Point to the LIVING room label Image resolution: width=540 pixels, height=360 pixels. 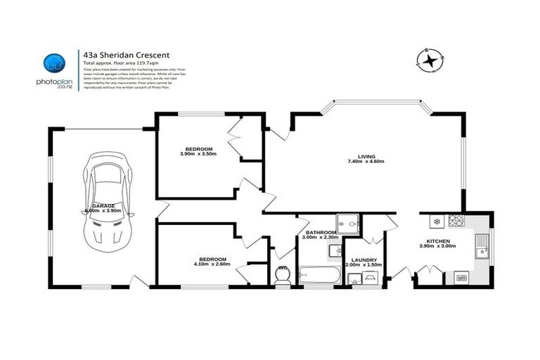pyautogui.click(x=366, y=157)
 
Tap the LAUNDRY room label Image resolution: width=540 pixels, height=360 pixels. pyautogui.click(x=363, y=260)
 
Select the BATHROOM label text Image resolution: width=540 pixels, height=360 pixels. pyautogui.click(x=321, y=232)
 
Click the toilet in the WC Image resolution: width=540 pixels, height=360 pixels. pyautogui.click(x=284, y=277)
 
